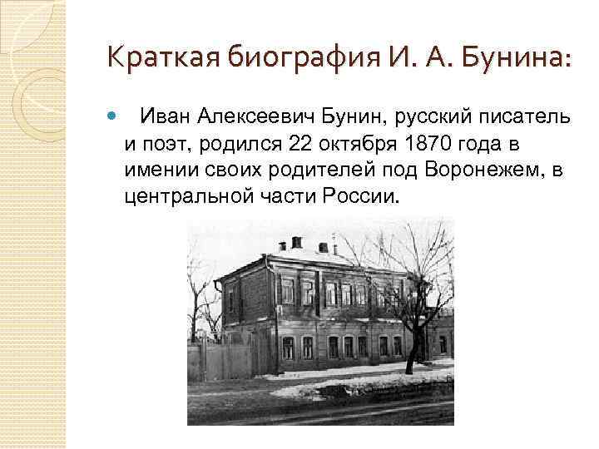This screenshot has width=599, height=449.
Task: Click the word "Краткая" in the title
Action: [156, 59]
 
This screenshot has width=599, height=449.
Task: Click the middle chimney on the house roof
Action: [296, 242]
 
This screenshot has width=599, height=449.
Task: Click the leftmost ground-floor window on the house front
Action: [288, 348]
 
